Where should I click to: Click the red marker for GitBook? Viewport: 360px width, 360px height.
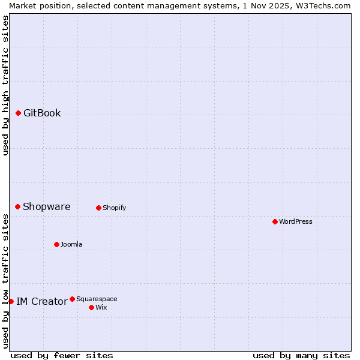click(x=18, y=113)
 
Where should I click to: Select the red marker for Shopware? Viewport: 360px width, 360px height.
click(x=17, y=206)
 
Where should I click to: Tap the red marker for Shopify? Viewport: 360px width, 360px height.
click(x=98, y=208)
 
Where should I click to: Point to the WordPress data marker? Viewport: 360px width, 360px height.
click(x=275, y=221)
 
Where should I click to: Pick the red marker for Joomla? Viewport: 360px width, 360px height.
click(x=56, y=244)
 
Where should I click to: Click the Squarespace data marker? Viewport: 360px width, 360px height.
click(x=72, y=299)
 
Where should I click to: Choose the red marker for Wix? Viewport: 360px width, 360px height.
click(x=91, y=307)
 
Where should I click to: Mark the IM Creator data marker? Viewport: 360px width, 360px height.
click(x=11, y=301)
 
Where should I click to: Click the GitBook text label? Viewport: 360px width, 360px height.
click(x=42, y=113)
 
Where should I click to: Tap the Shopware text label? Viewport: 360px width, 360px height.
click(x=46, y=207)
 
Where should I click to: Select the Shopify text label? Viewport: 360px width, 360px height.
click(x=114, y=208)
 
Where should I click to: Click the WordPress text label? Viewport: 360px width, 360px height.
click(x=295, y=222)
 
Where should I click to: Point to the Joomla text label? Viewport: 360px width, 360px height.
click(x=71, y=245)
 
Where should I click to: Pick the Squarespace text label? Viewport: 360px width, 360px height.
click(x=97, y=299)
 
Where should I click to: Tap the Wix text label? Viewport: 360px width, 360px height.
click(x=101, y=308)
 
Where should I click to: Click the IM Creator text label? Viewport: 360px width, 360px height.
click(x=41, y=302)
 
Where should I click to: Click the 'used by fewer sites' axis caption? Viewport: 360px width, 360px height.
click(x=62, y=355)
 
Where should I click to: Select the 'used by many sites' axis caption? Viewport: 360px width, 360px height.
click(x=301, y=355)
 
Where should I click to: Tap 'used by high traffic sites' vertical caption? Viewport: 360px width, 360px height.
click(x=5, y=85)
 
